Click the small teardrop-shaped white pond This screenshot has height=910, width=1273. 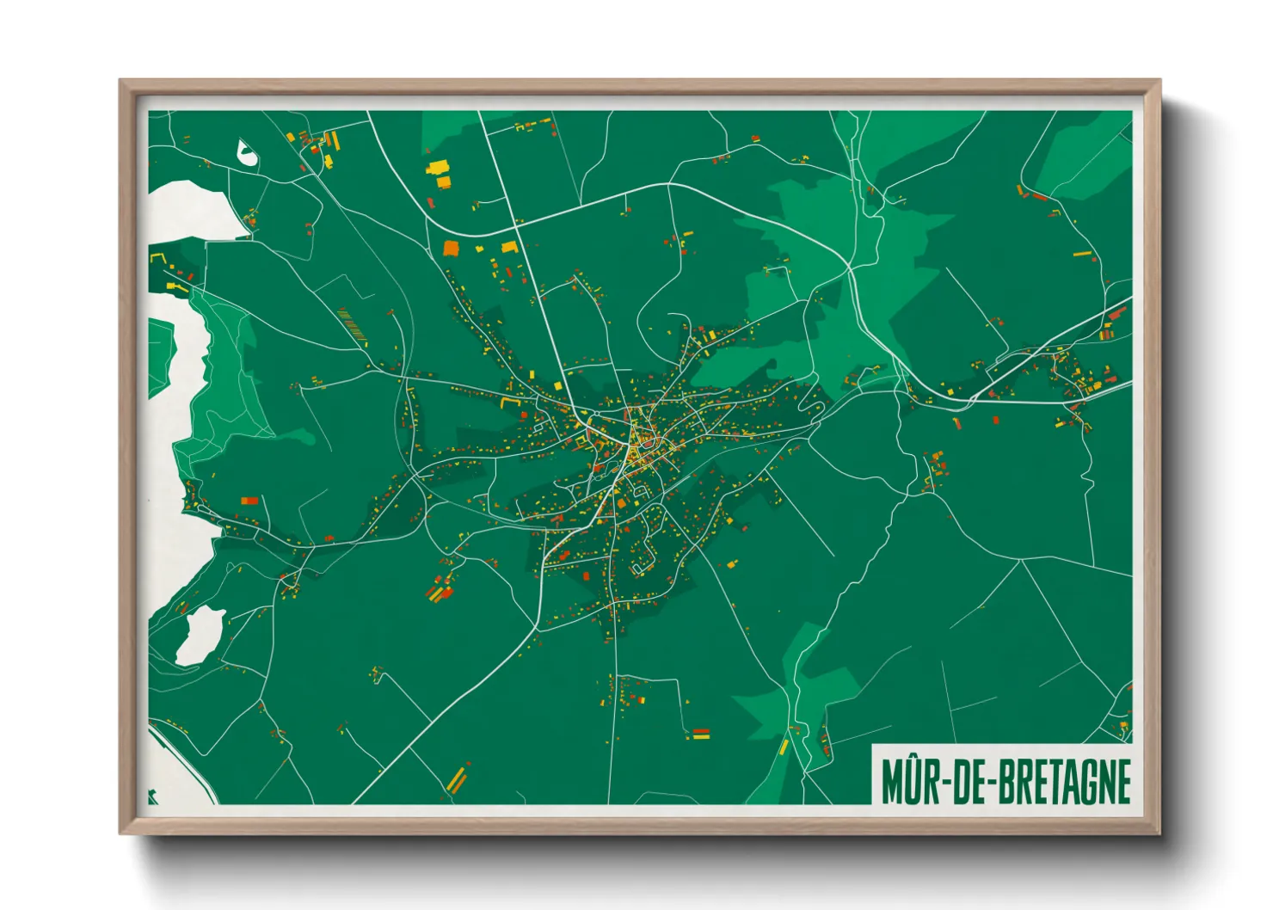click(246, 153)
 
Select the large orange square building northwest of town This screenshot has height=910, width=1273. click(451, 249)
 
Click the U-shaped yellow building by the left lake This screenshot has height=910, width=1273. click(157, 257)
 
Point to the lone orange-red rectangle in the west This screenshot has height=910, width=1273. click(249, 500)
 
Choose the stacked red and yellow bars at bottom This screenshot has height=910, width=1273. click(701, 734)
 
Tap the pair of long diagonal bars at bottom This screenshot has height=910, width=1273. click(456, 778)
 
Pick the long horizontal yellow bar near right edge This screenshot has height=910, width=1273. click(1082, 254)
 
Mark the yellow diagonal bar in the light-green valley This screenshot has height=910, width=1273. click(784, 747)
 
